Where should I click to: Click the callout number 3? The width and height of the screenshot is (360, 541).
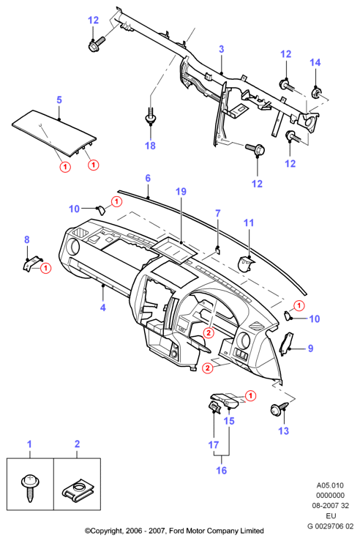point(222,49)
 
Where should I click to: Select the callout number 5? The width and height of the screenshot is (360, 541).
point(59,100)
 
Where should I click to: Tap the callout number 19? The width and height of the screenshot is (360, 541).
point(181,192)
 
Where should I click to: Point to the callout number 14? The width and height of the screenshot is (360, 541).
point(315,62)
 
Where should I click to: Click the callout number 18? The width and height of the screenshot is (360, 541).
point(150,146)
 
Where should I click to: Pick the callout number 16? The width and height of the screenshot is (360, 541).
point(222,470)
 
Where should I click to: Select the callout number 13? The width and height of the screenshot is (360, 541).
point(283,430)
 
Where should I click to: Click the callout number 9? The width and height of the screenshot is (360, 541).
point(310,348)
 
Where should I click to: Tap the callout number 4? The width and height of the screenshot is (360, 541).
point(102,307)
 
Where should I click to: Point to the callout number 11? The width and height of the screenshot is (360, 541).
point(249,223)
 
